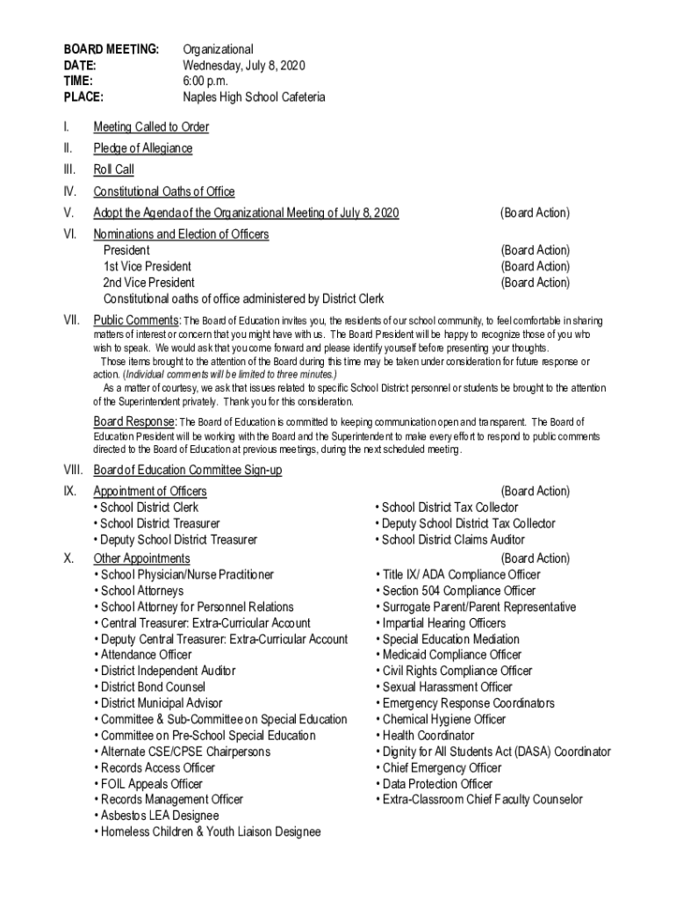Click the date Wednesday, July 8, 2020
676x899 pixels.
(x=243, y=65)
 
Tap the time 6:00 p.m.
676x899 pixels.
(x=205, y=81)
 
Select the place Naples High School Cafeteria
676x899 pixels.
(x=254, y=97)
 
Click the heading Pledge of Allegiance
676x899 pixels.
(x=143, y=148)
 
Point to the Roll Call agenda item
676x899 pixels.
(x=114, y=169)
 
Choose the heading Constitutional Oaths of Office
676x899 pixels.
(x=164, y=191)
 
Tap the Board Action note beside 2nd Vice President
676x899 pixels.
(x=535, y=283)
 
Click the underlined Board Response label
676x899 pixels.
(x=135, y=421)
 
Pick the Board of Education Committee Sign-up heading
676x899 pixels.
(x=188, y=471)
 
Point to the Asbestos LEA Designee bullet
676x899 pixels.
(x=156, y=816)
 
